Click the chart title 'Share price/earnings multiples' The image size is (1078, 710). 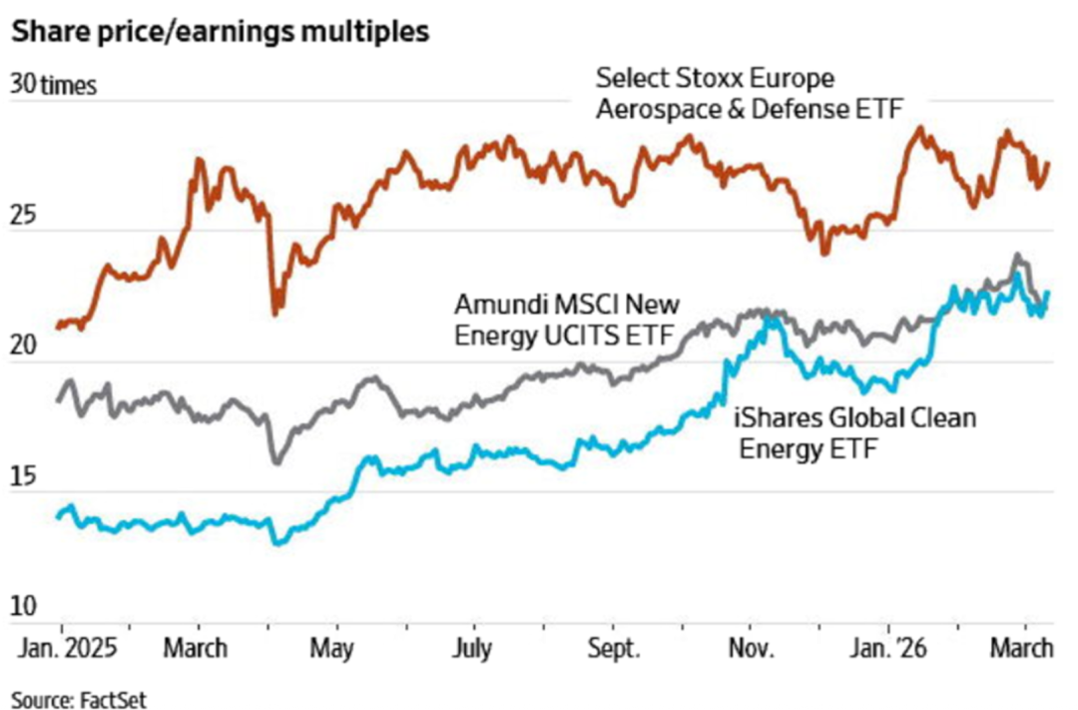[221, 32]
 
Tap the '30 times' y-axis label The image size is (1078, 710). [54, 85]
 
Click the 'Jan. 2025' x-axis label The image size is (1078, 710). [68, 648]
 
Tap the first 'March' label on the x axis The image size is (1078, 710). [197, 648]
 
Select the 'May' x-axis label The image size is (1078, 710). [330, 648]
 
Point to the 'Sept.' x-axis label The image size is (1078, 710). [612, 648]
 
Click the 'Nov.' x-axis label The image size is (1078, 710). [752, 648]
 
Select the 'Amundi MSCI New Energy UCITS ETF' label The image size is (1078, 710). [566, 319]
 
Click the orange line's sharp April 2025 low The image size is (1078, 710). [275, 313]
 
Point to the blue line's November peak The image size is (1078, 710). [770, 319]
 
